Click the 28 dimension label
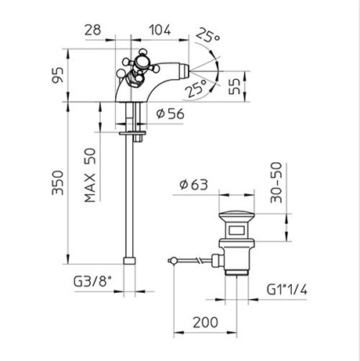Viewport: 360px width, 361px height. [93, 30]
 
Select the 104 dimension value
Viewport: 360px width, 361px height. [160, 30]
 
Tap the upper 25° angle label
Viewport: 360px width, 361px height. [208, 35]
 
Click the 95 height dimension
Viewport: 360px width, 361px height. [58, 75]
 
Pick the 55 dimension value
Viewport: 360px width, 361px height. [234, 86]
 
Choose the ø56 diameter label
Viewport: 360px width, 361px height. [171, 114]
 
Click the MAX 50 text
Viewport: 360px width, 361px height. [90, 175]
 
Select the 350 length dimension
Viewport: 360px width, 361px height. [58, 182]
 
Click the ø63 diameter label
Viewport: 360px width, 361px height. [193, 185]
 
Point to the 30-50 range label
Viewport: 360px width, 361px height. [276, 182]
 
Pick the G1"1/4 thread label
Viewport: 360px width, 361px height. [287, 290]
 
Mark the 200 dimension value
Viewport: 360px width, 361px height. [205, 323]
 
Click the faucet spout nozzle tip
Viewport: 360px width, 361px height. [185, 70]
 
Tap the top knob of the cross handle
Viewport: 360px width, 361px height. [142, 52]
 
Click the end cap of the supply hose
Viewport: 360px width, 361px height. [129, 261]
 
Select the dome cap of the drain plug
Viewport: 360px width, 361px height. [236, 217]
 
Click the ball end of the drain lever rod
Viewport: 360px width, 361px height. [172, 261]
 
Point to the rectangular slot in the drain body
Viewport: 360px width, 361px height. [236, 230]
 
